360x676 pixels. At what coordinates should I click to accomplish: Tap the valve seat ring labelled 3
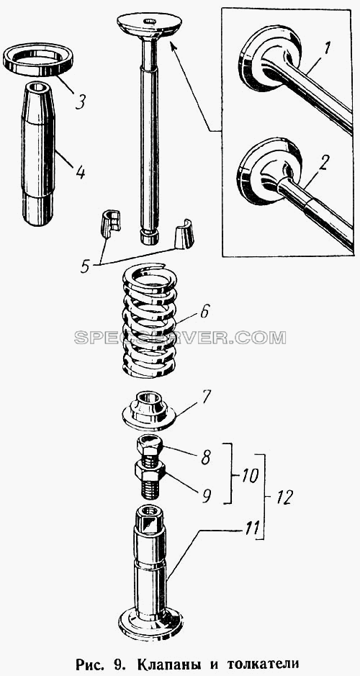[38, 60]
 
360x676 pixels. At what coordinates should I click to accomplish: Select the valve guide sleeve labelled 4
[38, 153]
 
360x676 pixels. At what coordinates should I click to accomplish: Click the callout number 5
[86, 265]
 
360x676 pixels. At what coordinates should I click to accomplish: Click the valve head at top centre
[149, 25]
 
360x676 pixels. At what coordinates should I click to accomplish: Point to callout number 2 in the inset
[325, 163]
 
